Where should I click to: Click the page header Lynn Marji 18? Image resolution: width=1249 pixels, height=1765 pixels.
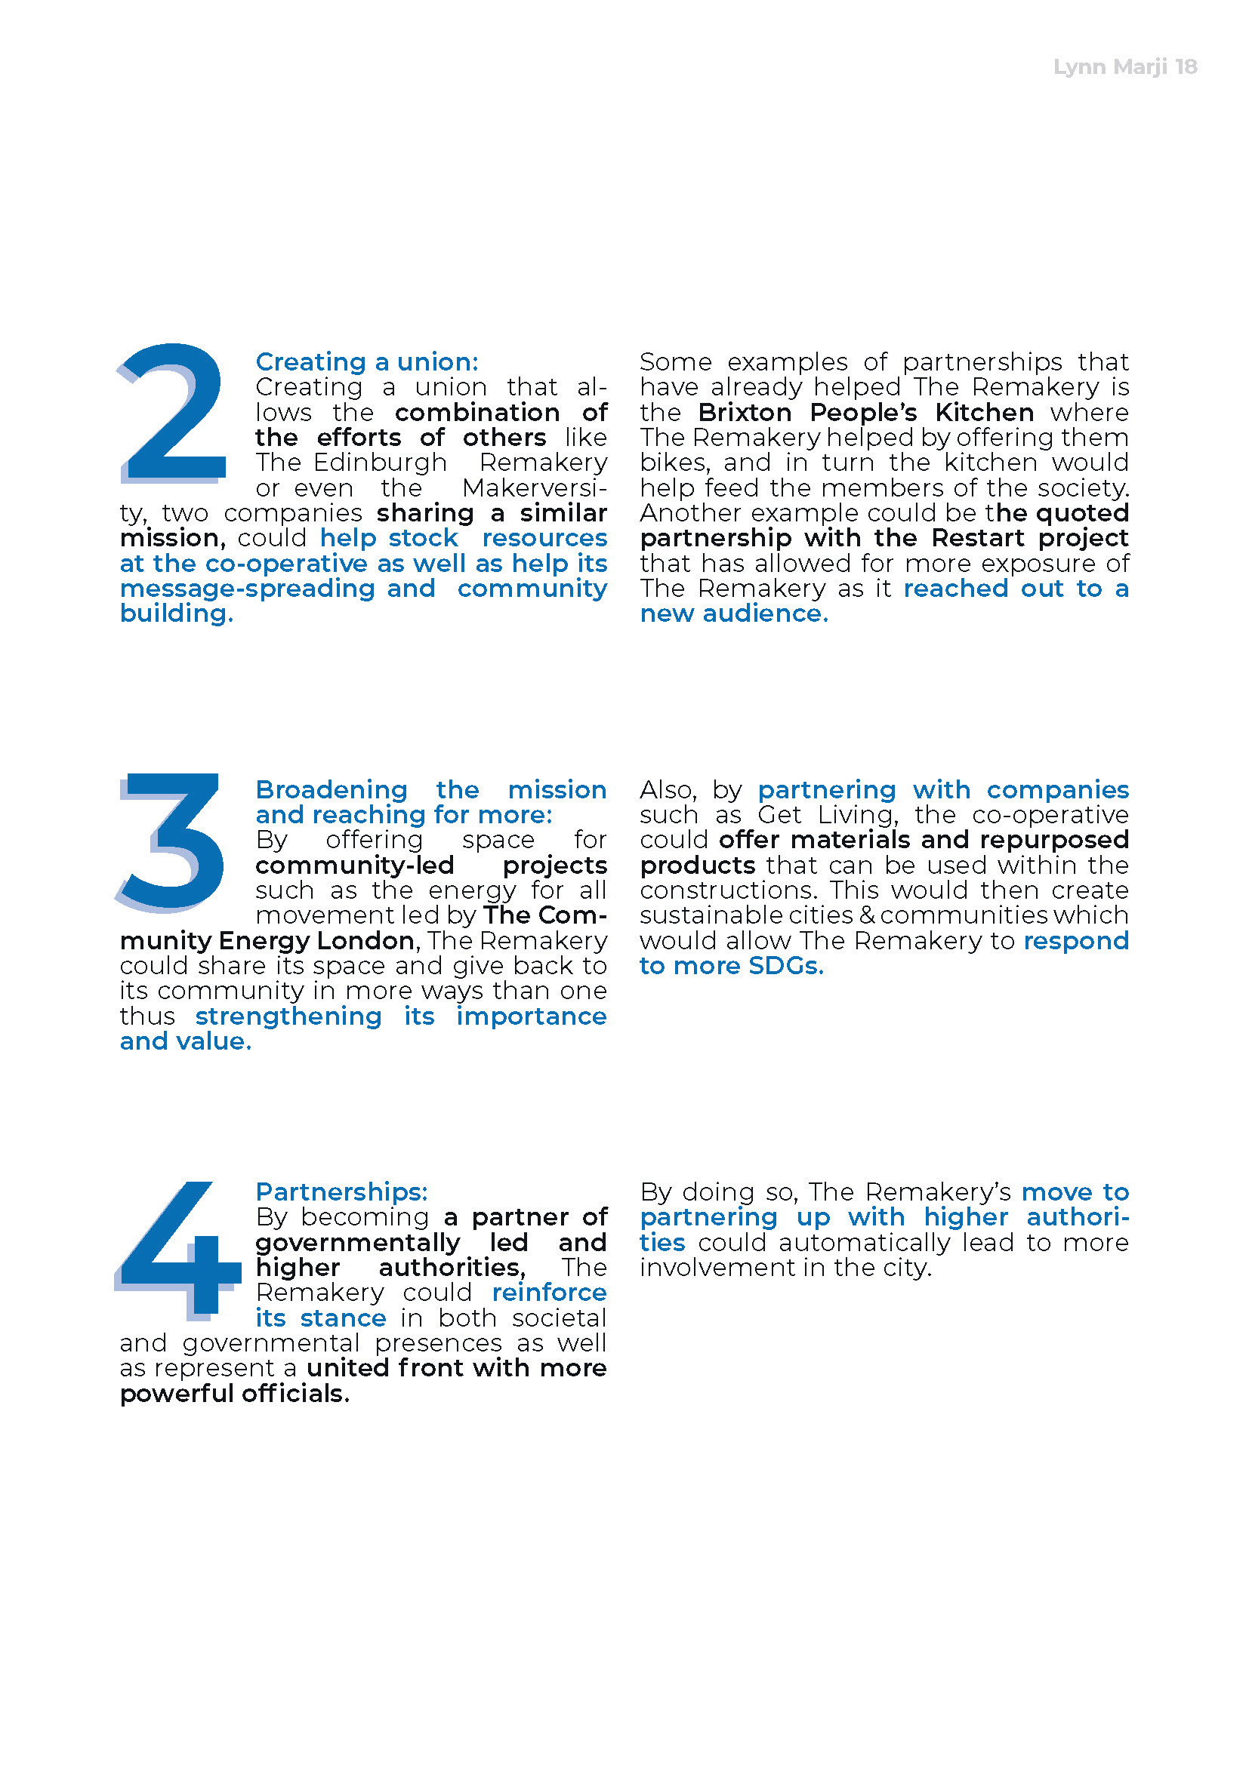pyautogui.click(x=1124, y=67)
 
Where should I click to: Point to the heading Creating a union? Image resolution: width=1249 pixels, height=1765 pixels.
pyautogui.click(x=367, y=361)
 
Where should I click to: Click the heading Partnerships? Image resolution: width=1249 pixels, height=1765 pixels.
pyautogui.click(x=341, y=1192)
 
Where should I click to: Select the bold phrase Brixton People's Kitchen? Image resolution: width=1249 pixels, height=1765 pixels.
pyautogui.click(x=865, y=412)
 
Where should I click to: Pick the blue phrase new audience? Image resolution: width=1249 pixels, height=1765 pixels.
pyautogui.click(x=734, y=613)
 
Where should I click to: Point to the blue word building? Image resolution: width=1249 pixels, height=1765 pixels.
pyautogui.click(x=176, y=613)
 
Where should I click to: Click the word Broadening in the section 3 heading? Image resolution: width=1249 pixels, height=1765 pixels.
pyautogui.click(x=332, y=789)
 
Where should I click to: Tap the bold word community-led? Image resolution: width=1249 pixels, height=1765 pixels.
pyautogui.click(x=355, y=865)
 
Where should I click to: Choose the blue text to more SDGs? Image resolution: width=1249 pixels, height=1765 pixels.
pyautogui.click(x=731, y=966)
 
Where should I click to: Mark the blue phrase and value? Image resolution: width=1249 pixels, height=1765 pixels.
pyautogui.click(x=185, y=1041)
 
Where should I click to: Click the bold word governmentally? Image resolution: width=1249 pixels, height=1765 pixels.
pyautogui.click(x=358, y=1242)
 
